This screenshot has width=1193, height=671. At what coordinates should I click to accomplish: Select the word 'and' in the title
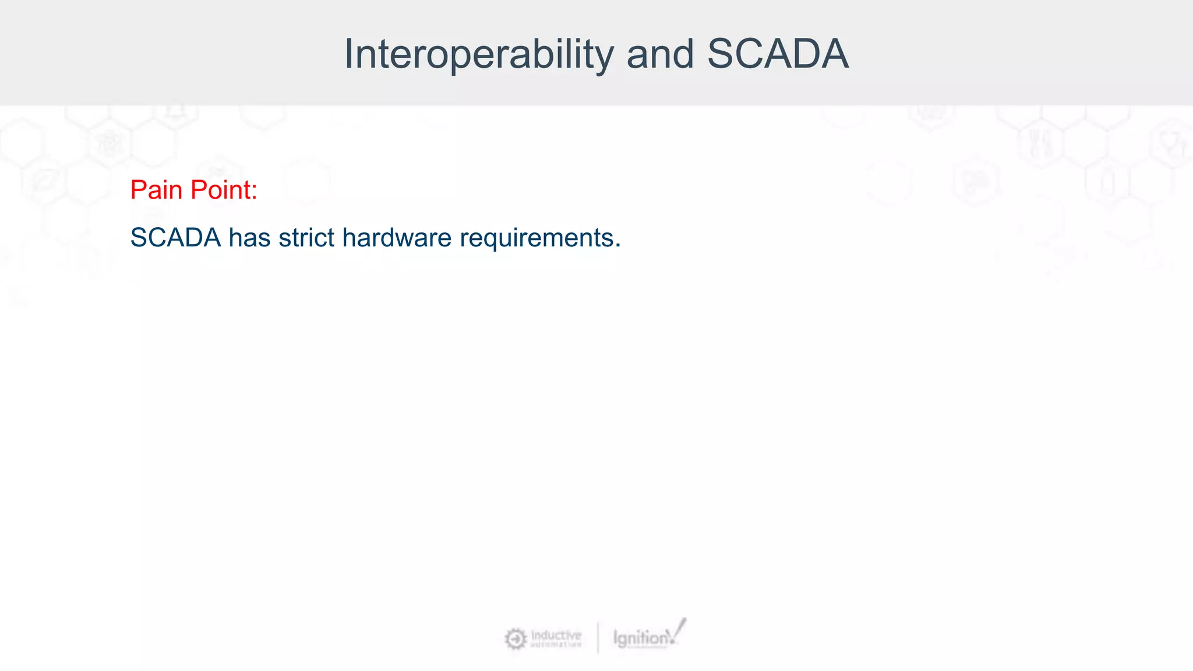(660, 54)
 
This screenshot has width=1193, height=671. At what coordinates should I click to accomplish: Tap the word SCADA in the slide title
(778, 54)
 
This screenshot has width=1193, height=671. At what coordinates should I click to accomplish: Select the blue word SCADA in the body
(175, 238)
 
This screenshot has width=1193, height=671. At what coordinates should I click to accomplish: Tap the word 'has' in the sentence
(249, 238)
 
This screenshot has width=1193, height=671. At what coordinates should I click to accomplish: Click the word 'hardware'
(397, 238)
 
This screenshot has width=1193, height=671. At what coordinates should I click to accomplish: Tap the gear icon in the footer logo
(515, 639)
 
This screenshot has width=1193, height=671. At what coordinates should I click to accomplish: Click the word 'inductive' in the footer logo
(556, 635)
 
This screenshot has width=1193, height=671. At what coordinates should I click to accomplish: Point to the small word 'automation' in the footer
(556, 645)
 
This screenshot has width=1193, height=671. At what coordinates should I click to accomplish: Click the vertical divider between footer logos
(598, 638)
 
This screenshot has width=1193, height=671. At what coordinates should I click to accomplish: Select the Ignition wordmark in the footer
(640, 639)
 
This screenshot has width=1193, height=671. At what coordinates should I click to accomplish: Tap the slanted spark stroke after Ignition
(679, 630)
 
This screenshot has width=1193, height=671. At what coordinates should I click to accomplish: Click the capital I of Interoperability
(348, 54)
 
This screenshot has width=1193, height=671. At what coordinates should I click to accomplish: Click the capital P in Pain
(138, 190)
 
